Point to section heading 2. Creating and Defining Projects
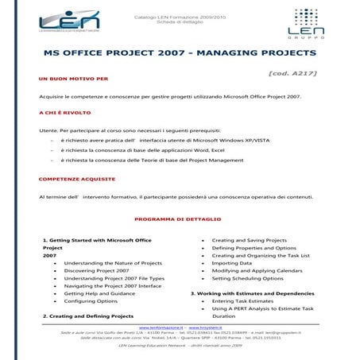[x=88, y=316]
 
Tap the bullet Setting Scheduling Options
[x=247, y=279]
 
